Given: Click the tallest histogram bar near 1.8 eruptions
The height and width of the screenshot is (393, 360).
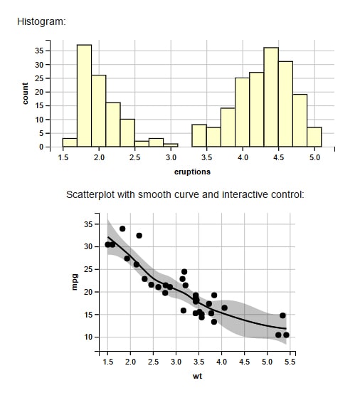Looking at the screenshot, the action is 84,95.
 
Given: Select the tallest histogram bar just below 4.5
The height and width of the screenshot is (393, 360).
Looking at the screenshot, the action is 271,97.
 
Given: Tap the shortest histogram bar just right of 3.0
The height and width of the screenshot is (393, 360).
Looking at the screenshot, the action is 171,145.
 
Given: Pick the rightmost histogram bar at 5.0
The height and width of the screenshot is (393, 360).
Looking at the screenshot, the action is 314,137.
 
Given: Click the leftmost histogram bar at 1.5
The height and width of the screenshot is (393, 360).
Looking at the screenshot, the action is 70,142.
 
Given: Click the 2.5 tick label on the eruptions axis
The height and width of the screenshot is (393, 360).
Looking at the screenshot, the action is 134,157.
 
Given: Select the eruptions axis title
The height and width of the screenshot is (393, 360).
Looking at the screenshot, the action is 192,172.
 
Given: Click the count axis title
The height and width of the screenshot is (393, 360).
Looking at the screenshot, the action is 25,93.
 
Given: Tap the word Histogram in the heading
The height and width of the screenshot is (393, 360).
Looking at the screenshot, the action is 41,22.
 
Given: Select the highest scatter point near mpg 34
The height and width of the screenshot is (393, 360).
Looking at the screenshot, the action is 122,229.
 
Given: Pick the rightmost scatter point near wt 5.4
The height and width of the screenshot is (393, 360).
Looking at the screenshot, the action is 286,335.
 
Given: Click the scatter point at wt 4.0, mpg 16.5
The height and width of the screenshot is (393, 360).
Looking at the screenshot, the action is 224,308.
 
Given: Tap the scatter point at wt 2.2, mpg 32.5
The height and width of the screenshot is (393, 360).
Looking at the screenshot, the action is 139,236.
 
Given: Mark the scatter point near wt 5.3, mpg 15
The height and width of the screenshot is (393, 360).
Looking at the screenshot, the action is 282,315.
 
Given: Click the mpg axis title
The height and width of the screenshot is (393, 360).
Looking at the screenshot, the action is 75,282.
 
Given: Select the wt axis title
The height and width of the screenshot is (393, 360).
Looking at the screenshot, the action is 197,376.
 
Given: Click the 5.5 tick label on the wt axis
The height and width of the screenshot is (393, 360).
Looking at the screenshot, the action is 290,362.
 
